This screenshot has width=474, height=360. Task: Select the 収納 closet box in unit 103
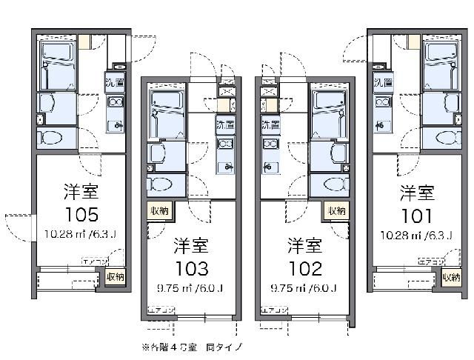[x=159, y=211]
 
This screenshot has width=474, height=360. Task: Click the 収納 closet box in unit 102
[x=337, y=211]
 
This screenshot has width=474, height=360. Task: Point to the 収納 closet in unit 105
[x=115, y=277]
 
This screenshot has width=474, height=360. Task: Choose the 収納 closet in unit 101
[x=451, y=277]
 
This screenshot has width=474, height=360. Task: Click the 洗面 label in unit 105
[x=114, y=83]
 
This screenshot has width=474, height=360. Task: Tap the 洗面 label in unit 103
[x=225, y=124]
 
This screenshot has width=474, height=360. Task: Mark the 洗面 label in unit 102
[x=271, y=124]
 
